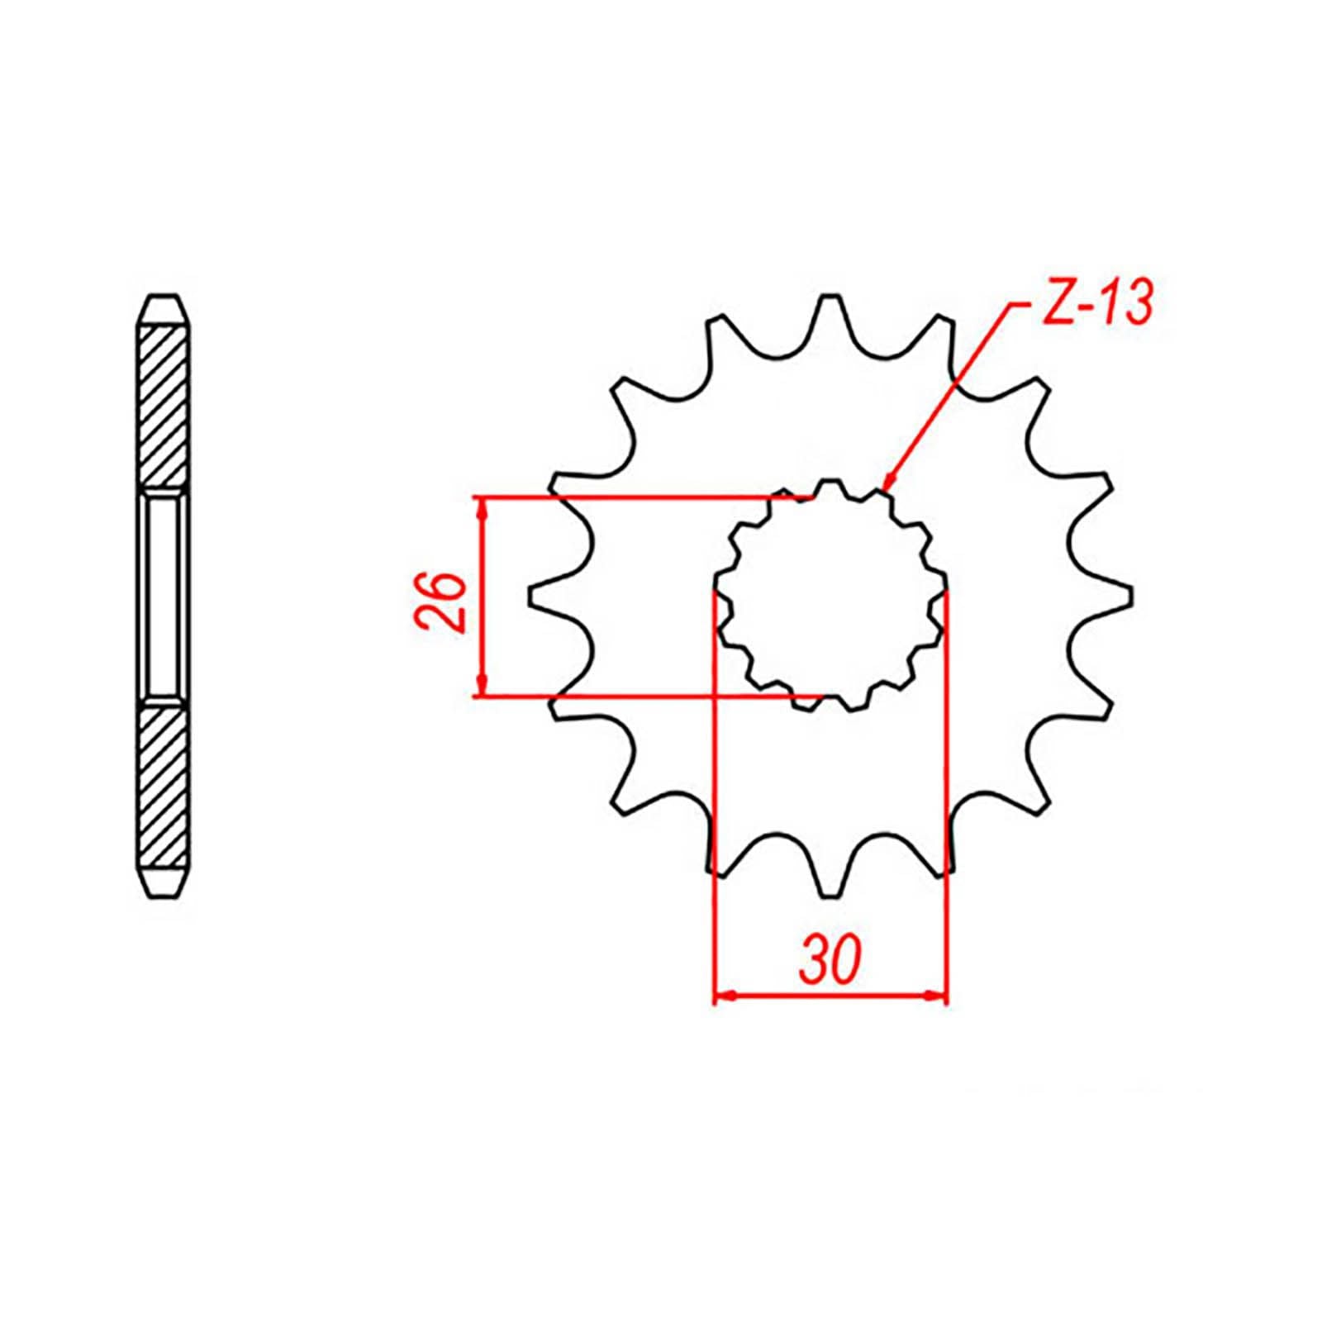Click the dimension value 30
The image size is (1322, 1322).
(831, 961)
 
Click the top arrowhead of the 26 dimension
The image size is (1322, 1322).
(482, 507)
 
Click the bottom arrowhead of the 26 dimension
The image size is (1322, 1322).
(482, 687)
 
